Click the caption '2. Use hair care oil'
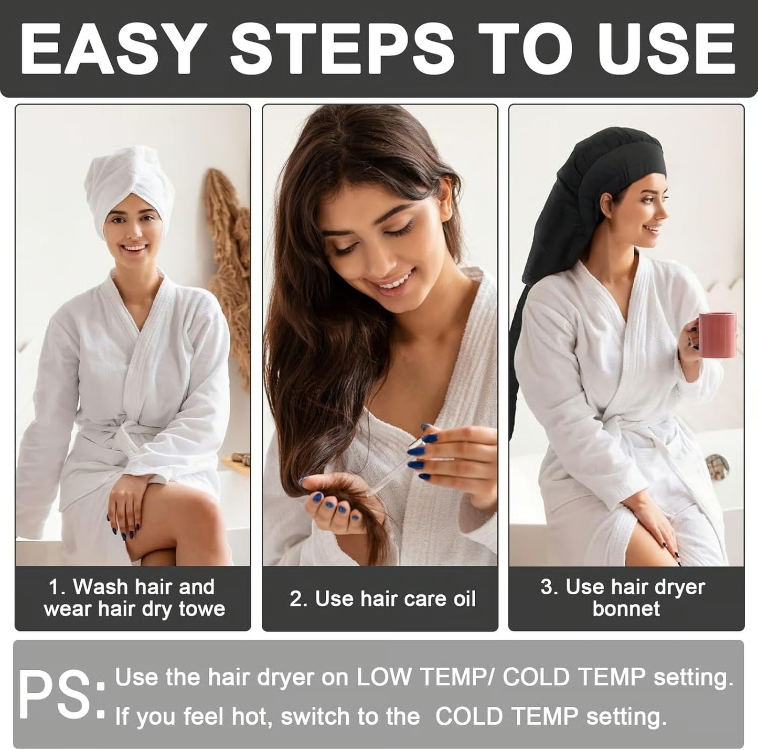382,599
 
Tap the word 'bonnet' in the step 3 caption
626,609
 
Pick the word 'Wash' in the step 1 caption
99,587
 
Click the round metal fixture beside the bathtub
717,466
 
